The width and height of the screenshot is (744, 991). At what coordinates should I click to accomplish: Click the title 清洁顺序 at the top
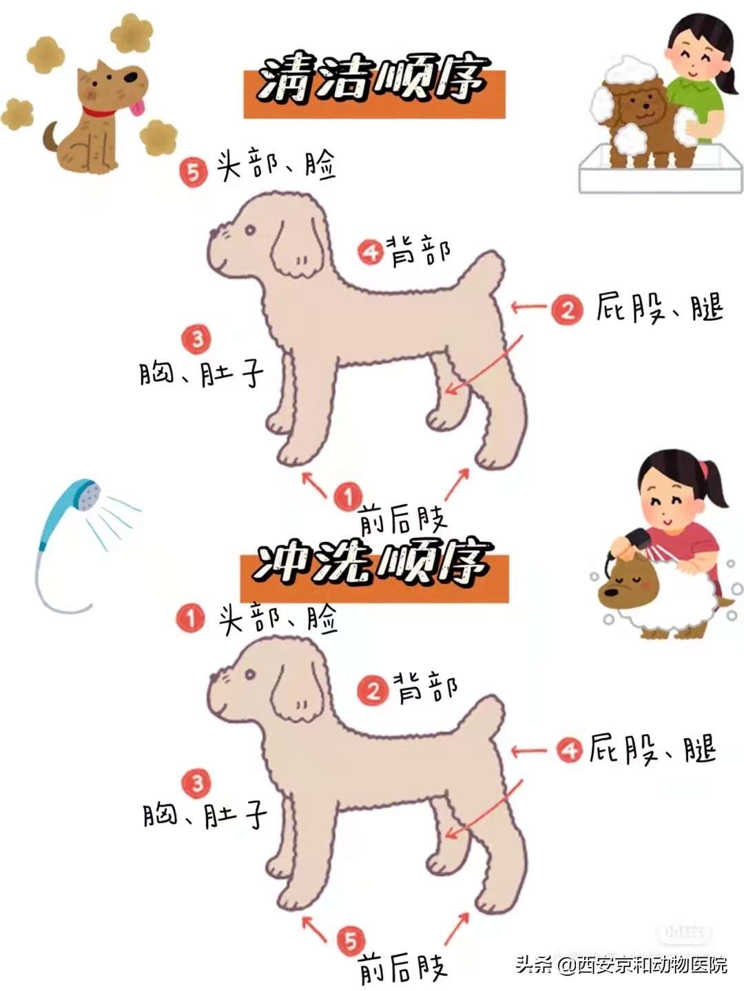pos(374,82)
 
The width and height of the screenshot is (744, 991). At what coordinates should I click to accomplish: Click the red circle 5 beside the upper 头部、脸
pos(194,171)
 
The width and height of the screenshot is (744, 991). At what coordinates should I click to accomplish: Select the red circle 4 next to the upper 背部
pos(371,252)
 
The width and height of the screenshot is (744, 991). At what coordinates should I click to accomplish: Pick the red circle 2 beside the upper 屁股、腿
pos(567,309)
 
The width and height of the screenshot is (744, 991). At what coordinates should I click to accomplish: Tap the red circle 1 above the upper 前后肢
pos(349,496)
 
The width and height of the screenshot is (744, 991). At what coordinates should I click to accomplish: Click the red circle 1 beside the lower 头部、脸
pos(191,618)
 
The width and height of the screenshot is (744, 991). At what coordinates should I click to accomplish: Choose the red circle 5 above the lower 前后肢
pos(351,941)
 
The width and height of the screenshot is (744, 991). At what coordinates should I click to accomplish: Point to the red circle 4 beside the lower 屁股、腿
pos(569,749)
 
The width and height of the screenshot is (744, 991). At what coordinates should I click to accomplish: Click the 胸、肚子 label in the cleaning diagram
pos(201,375)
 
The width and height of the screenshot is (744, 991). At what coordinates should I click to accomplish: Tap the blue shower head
pos(83,498)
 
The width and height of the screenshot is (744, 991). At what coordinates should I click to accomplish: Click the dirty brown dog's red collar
pos(101,112)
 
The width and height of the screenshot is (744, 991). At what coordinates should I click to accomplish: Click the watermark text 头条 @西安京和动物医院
pos(621,965)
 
